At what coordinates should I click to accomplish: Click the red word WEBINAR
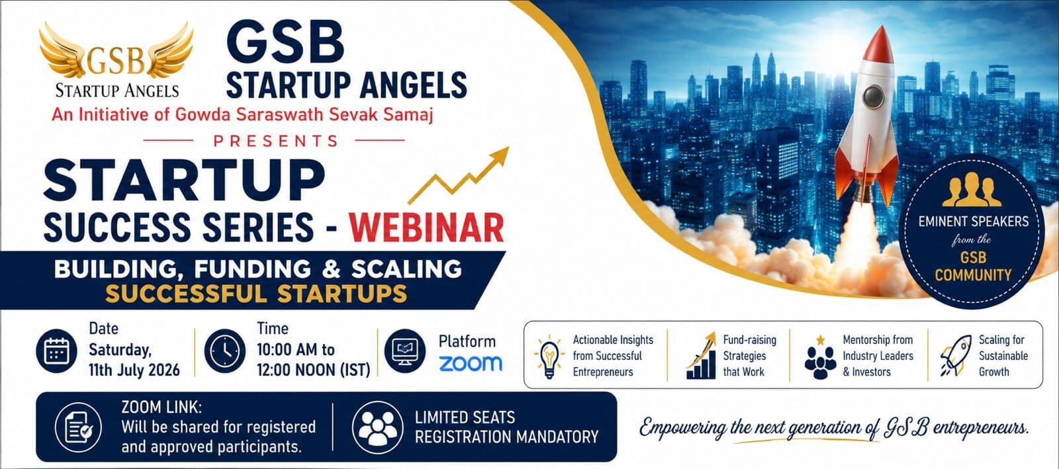coord(426,228)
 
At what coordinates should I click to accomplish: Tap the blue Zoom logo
coord(471,363)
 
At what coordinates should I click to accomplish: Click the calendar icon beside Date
coord(57,351)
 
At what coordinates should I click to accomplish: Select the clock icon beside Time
coord(225,351)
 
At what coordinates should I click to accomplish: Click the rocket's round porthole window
coord(873,97)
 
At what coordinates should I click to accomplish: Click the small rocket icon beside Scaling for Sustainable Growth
coord(956,355)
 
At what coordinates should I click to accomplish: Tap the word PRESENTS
coord(276,141)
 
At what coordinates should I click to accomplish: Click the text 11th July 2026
coord(134,370)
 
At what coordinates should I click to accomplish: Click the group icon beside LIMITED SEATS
coord(377,427)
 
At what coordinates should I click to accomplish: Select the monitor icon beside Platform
coord(404,351)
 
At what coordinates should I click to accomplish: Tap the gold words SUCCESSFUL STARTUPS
coord(255,294)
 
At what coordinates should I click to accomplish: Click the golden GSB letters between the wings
coord(116,62)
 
